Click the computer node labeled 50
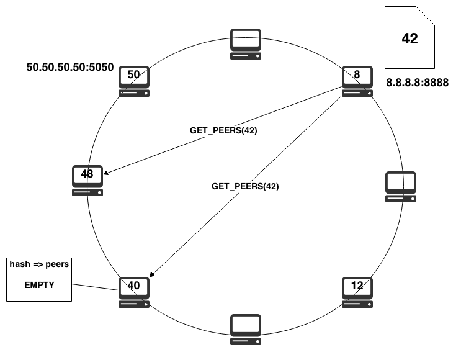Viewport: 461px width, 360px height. [134, 81]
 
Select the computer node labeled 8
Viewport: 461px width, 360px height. [357, 81]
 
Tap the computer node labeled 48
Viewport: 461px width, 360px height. [87, 181]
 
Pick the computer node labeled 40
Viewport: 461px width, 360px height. [134, 292]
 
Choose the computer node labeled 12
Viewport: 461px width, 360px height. [357, 292]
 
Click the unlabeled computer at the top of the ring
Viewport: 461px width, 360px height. [246, 44]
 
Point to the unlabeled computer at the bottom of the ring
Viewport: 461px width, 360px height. [246, 330]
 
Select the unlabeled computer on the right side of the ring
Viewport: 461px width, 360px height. [401, 187]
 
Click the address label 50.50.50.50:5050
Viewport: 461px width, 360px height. [70, 67]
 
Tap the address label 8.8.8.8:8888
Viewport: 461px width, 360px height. [417, 83]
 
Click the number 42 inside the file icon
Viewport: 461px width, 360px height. [410, 38]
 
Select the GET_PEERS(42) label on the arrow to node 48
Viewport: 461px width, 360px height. [223, 130]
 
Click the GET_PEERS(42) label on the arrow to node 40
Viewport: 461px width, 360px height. [245, 186]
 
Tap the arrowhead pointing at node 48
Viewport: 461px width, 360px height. [105, 173]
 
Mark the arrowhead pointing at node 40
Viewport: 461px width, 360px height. [152, 274]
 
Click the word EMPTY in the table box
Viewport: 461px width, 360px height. [39, 285]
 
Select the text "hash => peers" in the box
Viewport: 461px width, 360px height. [39, 264]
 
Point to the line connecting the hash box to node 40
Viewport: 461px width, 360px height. [96, 287]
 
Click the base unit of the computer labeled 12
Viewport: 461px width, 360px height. [357, 304]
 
